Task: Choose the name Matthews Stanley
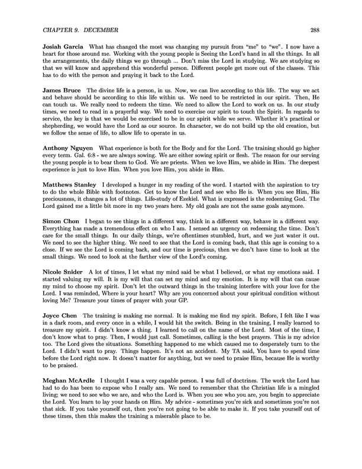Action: (70, 200)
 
